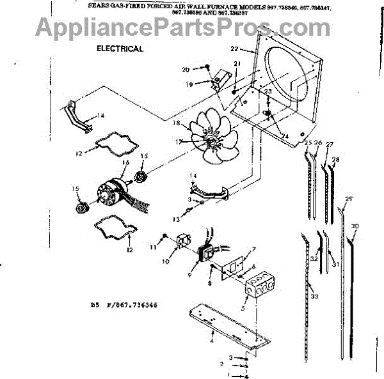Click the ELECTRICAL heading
pos(119,49)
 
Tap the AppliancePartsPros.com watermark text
pos(192,27)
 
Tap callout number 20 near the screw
pos(186,68)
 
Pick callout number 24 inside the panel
pos(285,135)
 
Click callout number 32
pos(314,259)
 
